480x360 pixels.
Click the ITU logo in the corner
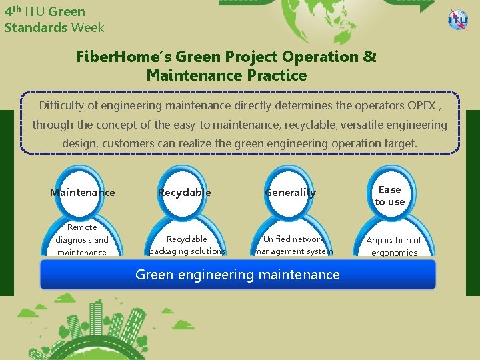(458, 19)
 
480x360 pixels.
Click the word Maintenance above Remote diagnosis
(83, 193)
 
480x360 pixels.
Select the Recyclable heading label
(184, 193)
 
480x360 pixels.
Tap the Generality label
(291, 193)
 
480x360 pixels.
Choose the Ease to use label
(390, 196)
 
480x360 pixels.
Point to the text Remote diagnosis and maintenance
(82, 240)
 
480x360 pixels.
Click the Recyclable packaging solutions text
(187, 245)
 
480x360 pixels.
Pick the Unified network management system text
(294, 245)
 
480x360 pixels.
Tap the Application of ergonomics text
(394, 246)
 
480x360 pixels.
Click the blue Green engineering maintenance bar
(237, 274)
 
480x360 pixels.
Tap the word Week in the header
(88, 27)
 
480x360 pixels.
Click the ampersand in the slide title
(370, 57)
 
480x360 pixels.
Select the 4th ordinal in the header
(12, 11)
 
